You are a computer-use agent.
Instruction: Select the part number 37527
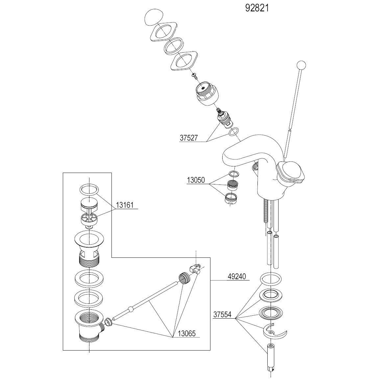pos(188,138)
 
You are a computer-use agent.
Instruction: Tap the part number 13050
pos(196,180)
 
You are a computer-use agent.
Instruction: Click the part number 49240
pos(237,277)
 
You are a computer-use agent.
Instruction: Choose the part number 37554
pos(222,315)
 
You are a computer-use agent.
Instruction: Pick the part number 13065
pos(186,333)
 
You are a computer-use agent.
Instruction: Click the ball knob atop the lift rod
pos(301,65)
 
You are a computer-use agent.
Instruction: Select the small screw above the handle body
pos(194,76)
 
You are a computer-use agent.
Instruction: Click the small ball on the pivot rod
pos(131,309)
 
